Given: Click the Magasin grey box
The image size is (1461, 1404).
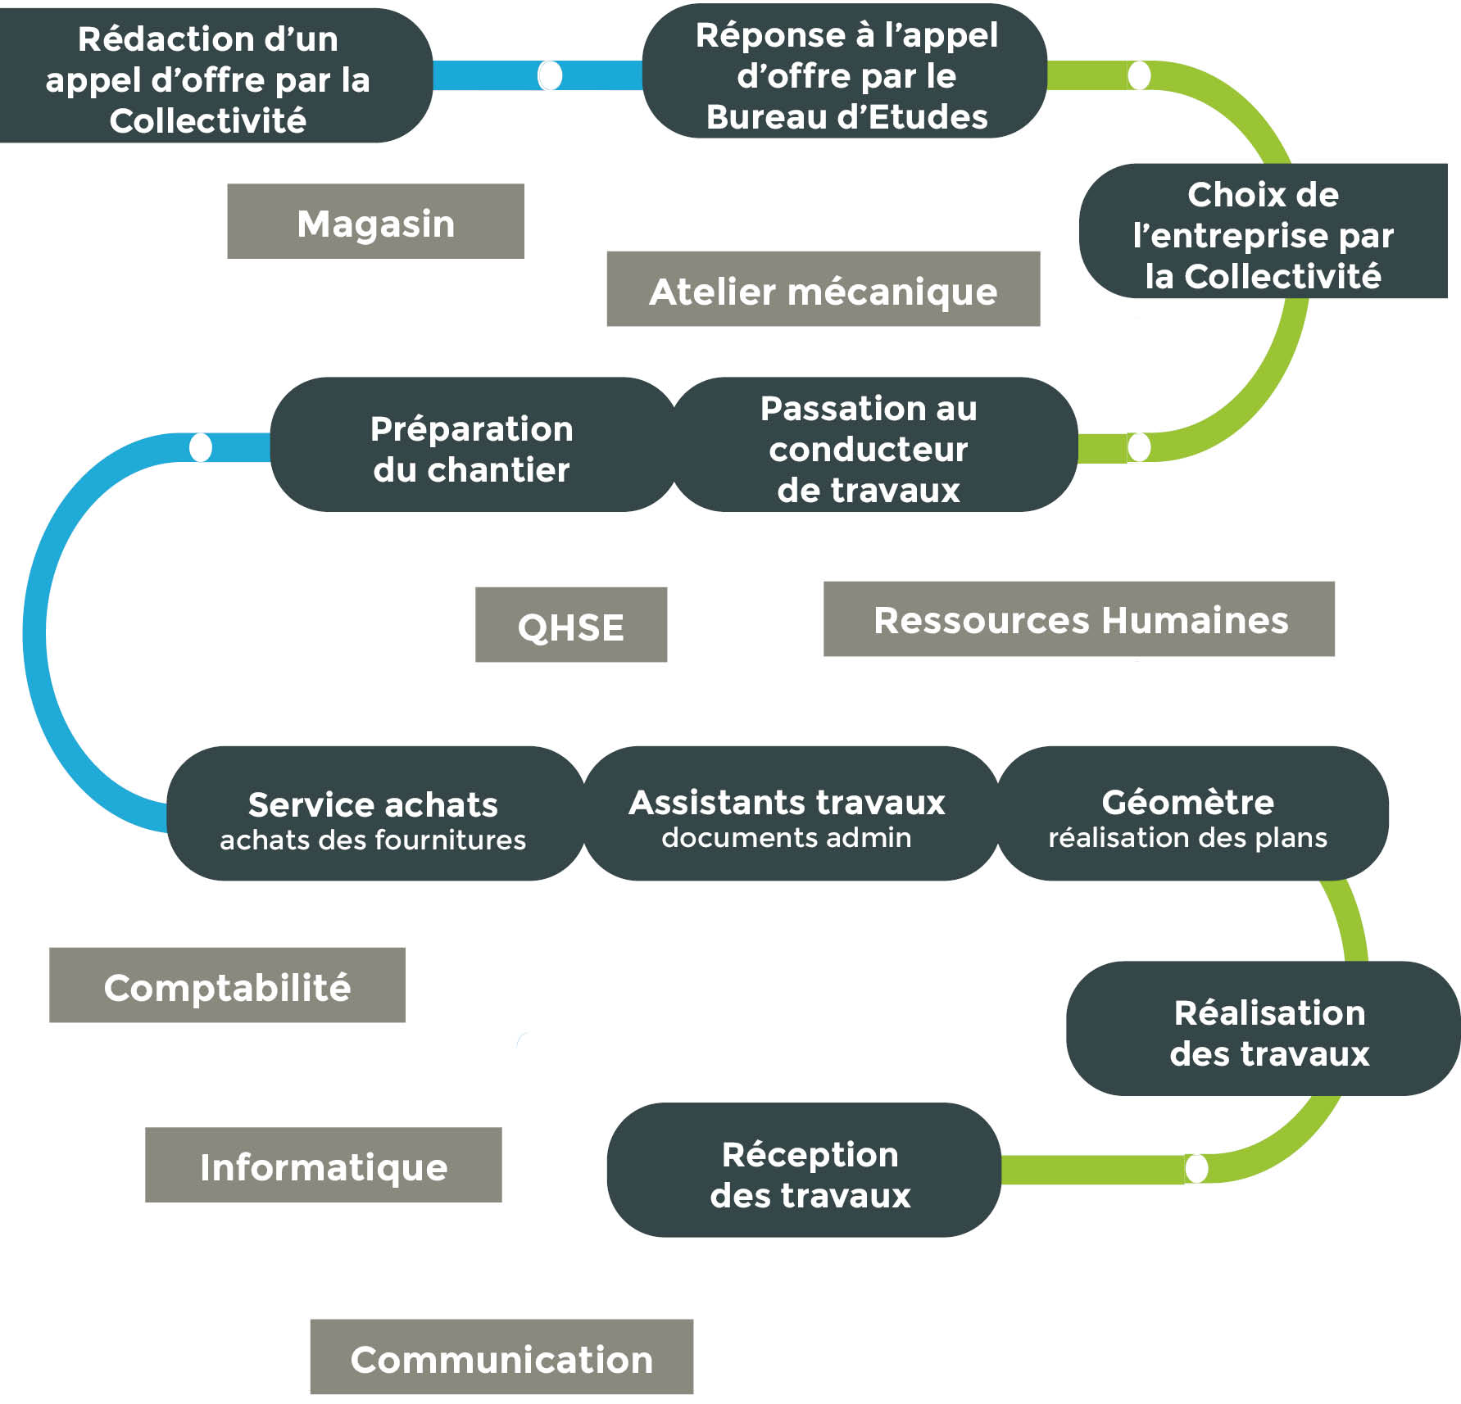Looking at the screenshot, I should pos(375,222).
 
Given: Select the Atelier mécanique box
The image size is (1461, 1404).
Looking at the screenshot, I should pos(823,289).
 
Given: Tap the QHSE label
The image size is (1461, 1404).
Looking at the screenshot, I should pos(570,625).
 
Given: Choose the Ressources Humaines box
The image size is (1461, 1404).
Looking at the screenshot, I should pos(1078,619).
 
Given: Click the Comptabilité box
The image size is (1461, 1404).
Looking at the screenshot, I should pos(227,985).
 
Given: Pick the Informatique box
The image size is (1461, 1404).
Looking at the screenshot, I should pos(323,1165).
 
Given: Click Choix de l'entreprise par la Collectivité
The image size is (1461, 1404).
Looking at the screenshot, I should pos(1263,233).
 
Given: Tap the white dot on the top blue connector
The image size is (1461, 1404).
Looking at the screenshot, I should pos(550,75).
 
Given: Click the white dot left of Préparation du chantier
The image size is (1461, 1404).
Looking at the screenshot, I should pos(201,447).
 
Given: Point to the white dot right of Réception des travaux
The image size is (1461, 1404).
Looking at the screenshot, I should pos(1196,1168).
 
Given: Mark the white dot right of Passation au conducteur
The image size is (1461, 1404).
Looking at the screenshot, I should pos(1139,447).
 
